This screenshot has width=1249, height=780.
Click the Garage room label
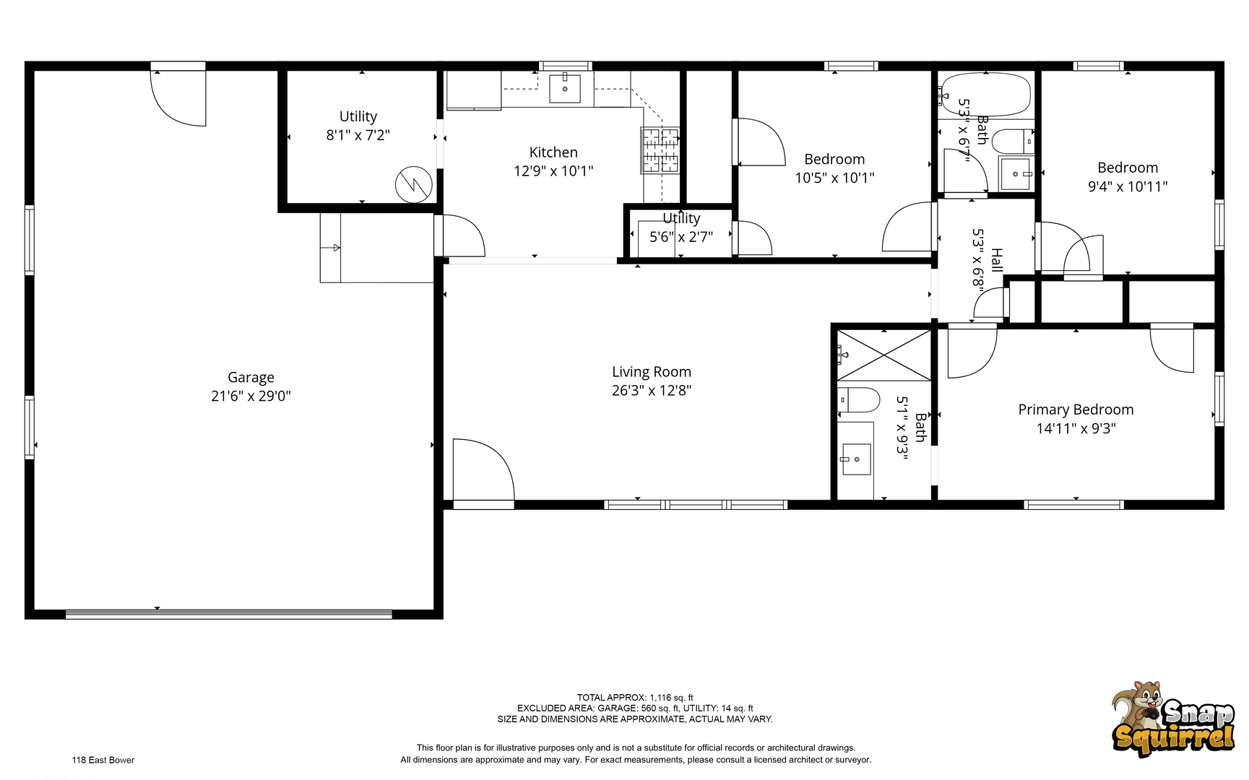pos(251,377)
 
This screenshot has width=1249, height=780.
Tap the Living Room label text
pos(652,372)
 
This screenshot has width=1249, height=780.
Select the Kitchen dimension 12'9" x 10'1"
pos(553,171)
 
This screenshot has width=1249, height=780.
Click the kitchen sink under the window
pos(565,88)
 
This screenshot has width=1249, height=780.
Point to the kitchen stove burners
pos(660,150)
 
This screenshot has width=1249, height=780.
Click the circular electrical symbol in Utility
pos(414,185)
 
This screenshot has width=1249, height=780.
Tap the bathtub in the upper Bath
pos(986,94)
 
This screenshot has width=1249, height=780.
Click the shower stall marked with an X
pos(884,355)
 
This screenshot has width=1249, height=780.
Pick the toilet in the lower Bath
pos(858,399)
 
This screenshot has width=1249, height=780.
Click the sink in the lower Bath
pos(856,459)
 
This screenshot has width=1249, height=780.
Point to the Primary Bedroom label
pos(1076,409)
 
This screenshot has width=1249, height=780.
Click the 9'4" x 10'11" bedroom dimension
pos(1128,186)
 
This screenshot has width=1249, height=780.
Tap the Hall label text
pos(997,260)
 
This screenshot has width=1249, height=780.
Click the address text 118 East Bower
pos(103,760)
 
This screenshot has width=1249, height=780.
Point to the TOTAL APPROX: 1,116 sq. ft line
pos(635,698)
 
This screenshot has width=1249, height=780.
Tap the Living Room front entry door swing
pos(483,470)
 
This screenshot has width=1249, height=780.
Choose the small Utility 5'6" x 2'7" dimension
pos(681,237)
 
